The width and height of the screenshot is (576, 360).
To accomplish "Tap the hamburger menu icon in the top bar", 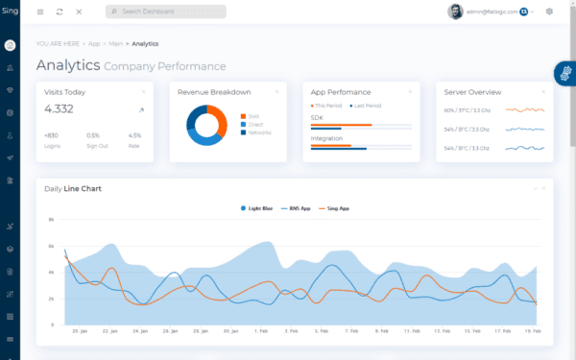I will (x=40, y=12).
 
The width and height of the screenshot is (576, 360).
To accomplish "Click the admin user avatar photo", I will (x=455, y=12).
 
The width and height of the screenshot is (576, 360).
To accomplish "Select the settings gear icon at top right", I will (x=549, y=12).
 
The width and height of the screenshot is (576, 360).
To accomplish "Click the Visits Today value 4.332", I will (x=59, y=109).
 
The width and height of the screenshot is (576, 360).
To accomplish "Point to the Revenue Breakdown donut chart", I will (x=206, y=125).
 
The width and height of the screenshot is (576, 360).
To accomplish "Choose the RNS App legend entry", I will (x=298, y=207).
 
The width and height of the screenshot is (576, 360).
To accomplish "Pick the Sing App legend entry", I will (x=334, y=207).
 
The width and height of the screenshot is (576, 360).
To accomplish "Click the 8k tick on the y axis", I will (x=51, y=220).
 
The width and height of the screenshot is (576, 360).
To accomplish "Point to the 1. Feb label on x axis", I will (x=261, y=330).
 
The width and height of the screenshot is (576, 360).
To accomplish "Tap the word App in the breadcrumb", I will (x=94, y=44).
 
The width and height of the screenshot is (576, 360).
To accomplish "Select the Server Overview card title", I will (x=472, y=92).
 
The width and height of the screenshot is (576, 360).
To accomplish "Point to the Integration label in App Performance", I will (x=326, y=138).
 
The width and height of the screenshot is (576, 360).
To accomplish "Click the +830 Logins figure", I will (x=51, y=135).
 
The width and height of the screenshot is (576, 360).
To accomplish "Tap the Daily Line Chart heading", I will (x=73, y=188).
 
